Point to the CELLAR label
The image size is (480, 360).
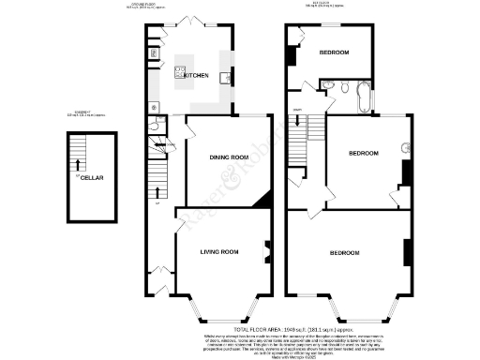coord(91,177)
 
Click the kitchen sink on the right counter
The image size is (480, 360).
coord(226,78)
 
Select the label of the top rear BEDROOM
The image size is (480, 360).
coord(332,53)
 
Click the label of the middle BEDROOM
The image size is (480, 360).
coord(363,153)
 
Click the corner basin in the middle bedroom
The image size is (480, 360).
coord(406,147)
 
